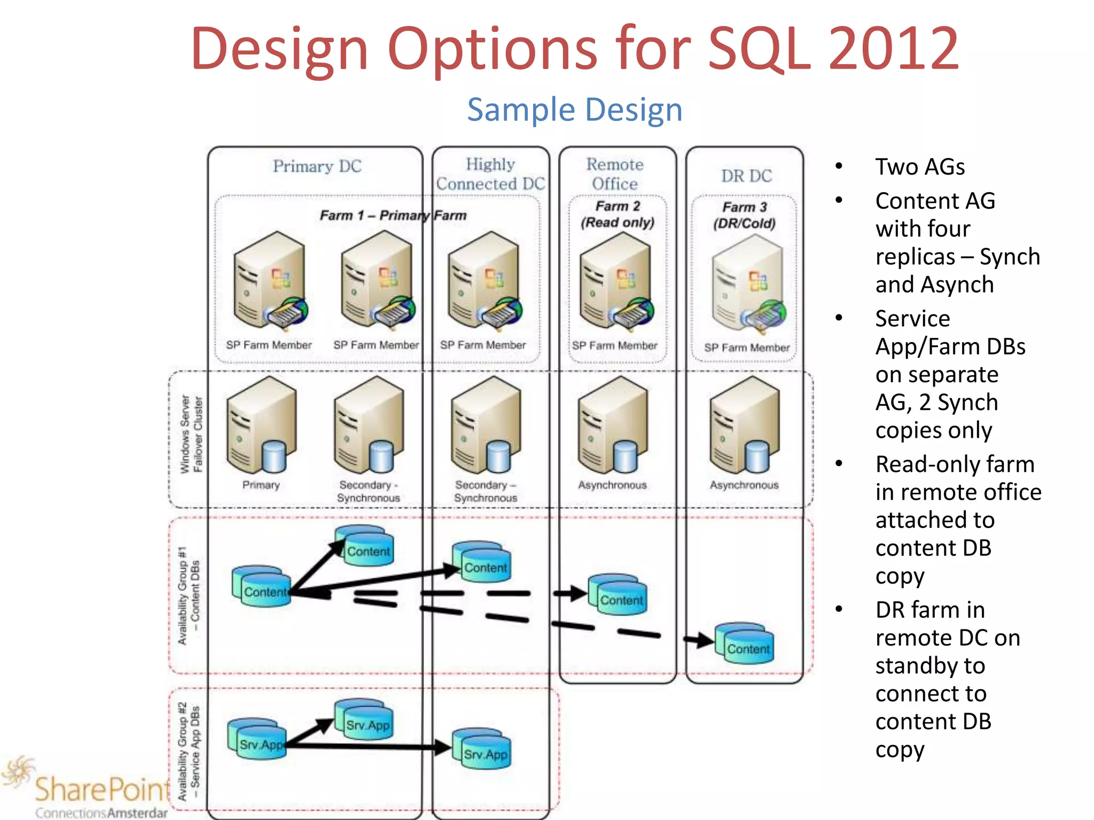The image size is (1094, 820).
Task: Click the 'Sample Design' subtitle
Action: coord(575,110)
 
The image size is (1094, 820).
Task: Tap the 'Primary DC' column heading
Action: coord(317,166)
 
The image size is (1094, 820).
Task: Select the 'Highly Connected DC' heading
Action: coord(490,174)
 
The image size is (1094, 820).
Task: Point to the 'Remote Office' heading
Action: coord(615,174)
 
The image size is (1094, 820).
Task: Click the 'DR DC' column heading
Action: coord(746,176)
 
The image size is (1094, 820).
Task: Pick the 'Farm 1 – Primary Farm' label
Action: coord(393,215)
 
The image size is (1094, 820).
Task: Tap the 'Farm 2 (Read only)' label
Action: coord(618,214)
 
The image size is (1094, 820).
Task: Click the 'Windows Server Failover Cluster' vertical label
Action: coord(191,433)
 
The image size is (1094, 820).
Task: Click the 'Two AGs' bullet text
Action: coord(920,167)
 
